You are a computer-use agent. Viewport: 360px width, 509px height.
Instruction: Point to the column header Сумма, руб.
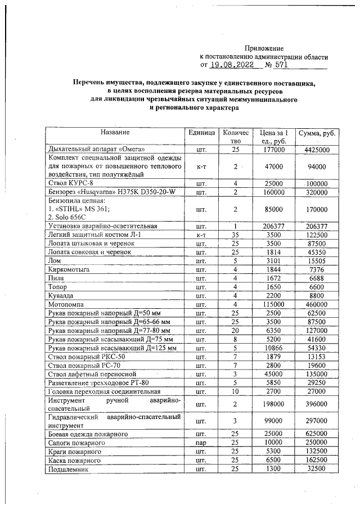317,133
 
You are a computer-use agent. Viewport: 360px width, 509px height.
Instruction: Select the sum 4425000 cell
317,150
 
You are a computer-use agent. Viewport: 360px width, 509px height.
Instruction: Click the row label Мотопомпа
66,303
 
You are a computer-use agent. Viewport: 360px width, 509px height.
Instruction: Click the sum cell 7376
317,271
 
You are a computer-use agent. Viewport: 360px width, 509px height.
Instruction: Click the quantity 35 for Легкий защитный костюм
236,235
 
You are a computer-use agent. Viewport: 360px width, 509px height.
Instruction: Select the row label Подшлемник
69,469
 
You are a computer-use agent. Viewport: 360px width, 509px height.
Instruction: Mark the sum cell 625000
317,434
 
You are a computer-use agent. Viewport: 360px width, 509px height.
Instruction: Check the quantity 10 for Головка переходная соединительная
236,390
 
